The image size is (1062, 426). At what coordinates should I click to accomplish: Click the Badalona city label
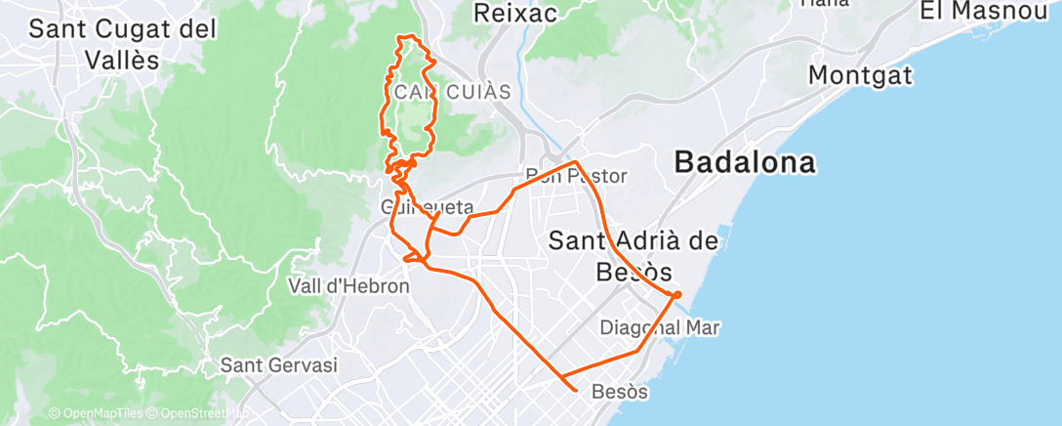745,162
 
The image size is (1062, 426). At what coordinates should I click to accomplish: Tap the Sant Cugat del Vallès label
122,43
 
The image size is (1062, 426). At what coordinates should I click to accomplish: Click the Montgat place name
860,75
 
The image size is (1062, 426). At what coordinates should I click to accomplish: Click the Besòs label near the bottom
620,392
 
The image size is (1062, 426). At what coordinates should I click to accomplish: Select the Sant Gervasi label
278,365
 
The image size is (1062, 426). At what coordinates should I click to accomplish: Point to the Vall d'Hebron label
347,286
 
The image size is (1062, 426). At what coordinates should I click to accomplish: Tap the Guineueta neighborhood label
428,208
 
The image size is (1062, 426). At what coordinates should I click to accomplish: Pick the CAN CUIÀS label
455,92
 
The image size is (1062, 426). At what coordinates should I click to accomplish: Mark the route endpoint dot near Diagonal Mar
676,294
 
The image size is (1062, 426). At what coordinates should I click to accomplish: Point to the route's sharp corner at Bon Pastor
577,162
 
